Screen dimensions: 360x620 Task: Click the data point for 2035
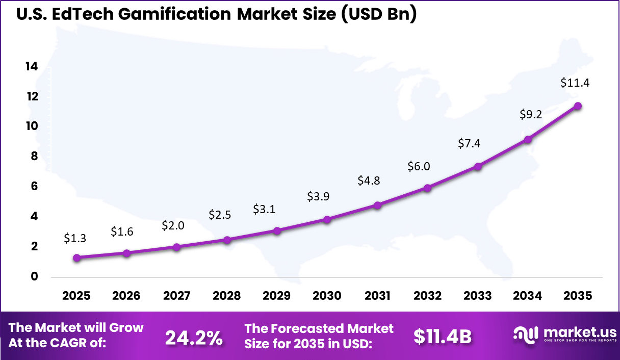(578, 106)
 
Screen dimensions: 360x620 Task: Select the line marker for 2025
(76, 258)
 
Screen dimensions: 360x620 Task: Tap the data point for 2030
(327, 219)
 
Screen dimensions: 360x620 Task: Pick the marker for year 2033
(478, 166)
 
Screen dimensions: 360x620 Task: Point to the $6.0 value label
(419, 166)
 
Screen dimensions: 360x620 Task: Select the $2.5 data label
(220, 215)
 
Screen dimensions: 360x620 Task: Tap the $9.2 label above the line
(530, 115)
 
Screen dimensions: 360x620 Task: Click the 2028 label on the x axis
(226, 296)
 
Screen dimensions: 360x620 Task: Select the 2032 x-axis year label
(427, 296)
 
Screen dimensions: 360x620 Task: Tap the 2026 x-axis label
(126, 296)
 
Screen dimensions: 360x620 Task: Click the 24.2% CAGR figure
(194, 337)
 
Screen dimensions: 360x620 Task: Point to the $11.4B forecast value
(442, 336)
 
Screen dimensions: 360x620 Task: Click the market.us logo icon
(525, 335)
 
